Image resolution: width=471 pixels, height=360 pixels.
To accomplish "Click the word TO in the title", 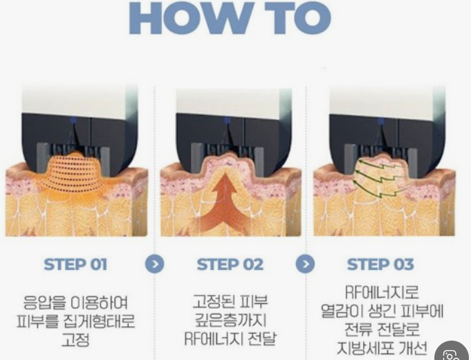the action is pos(298,18).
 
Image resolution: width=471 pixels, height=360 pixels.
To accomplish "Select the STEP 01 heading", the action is pos(75,264).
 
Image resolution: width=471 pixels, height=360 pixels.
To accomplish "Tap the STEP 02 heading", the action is pos(230,264).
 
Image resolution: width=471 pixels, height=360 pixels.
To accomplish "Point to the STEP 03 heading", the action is pos(380,264).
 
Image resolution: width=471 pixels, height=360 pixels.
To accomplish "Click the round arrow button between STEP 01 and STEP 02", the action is pos(155,264).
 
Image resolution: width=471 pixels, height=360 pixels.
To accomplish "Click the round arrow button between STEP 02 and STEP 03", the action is pos(305,264).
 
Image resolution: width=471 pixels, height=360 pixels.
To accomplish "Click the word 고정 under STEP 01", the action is pos(75,340).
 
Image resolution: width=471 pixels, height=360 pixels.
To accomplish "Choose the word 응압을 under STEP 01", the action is pos(44,303).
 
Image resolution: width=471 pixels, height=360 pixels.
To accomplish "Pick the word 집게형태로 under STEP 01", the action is pos(100,321).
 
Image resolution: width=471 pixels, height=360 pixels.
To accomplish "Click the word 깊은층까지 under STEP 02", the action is pos(231,320).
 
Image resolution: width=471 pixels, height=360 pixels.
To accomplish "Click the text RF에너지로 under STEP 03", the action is pos(382,292).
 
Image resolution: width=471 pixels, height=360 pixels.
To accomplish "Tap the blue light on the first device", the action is pos(73,120).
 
